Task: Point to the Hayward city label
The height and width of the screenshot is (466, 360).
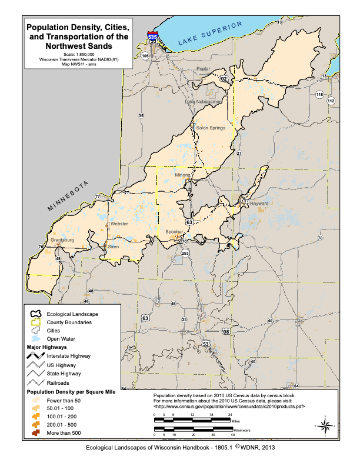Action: (259, 204)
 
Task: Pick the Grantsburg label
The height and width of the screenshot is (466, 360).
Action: (62, 240)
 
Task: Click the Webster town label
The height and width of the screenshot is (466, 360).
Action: (119, 224)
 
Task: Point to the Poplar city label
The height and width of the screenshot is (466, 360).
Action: (204, 69)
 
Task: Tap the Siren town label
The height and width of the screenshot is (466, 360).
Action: (114, 247)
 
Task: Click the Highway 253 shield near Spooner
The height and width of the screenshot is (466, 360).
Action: (186, 252)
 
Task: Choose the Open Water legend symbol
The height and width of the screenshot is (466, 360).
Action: (36, 339)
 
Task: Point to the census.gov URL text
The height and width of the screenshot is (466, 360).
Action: (229, 406)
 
